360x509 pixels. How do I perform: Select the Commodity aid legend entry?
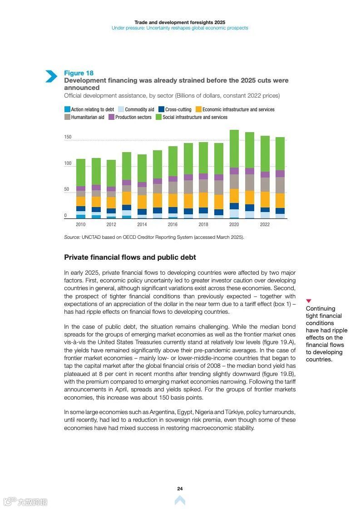point(136,109)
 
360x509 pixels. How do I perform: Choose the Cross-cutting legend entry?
point(175,109)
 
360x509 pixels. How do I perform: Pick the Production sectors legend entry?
point(129,117)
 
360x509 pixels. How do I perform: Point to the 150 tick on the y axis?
point(68,137)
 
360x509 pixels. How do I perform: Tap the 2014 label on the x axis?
point(142,224)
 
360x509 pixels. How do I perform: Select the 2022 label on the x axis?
point(265,224)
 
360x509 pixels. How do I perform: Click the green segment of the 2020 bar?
point(234,148)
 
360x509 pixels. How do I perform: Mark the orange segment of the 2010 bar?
point(81,201)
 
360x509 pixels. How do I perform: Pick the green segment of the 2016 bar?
point(173,161)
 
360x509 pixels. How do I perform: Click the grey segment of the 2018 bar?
point(203,186)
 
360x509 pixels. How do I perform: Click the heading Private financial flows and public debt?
point(130,257)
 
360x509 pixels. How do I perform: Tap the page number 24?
point(180,489)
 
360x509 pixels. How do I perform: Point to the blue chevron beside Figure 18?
point(51,76)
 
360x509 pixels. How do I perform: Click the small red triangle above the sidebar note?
point(309,301)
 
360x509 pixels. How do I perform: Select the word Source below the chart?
point(72,237)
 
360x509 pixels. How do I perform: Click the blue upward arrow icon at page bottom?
point(180,500)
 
